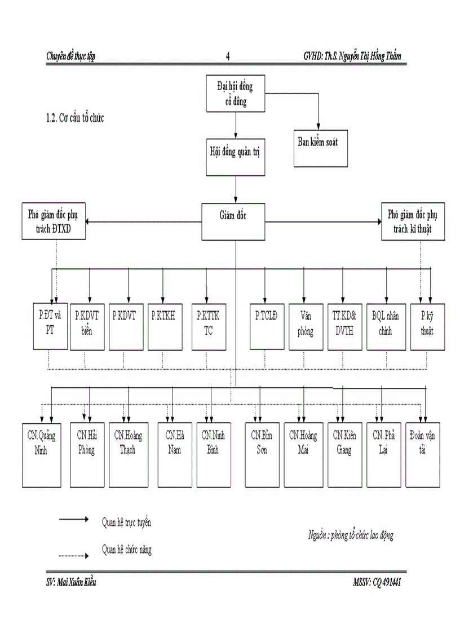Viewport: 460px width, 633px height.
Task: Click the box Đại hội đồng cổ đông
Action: point(235,94)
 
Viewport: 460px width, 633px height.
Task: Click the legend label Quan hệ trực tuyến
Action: point(126,522)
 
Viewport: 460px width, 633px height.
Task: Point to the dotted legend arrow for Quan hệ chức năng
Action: point(74,556)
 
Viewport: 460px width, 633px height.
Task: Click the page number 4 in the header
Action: point(228,56)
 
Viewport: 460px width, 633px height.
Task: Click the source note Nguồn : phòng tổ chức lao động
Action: point(350,535)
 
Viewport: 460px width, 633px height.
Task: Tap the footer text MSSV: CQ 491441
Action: point(377,582)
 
